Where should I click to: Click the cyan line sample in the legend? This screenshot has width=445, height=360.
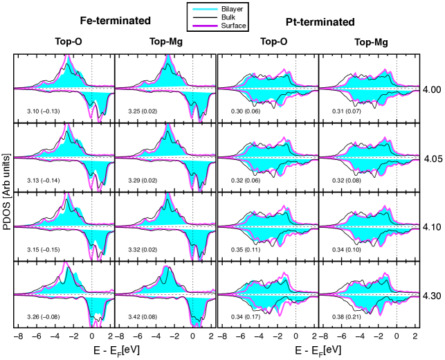(x=205, y=9)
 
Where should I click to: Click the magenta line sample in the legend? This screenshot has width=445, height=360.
(x=205, y=26)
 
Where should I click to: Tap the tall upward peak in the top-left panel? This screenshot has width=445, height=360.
(x=67, y=56)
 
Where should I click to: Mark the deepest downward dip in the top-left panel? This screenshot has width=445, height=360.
(x=99, y=120)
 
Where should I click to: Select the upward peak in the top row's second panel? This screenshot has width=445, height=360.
(x=168, y=56)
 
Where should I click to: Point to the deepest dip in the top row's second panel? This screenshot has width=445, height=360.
(x=200, y=120)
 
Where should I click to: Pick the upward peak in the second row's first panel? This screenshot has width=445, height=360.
(x=66, y=125)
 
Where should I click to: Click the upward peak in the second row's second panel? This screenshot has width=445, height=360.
(x=168, y=125)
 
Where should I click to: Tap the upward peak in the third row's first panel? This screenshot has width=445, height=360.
(x=67, y=195)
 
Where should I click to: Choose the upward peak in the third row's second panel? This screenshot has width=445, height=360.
(x=168, y=195)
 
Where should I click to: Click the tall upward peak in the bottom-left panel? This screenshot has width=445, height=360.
(x=65, y=264)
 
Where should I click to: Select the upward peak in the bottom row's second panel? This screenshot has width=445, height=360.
(x=166, y=267)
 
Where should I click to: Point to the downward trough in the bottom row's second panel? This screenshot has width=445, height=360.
(x=197, y=325)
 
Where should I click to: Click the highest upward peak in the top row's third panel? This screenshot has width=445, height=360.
(x=282, y=69)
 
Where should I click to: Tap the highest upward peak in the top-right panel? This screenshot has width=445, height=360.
(x=385, y=70)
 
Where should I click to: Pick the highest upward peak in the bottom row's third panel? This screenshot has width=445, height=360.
(x=284, y=273)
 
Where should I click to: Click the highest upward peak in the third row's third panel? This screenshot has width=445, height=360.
(x=283, y=206)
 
